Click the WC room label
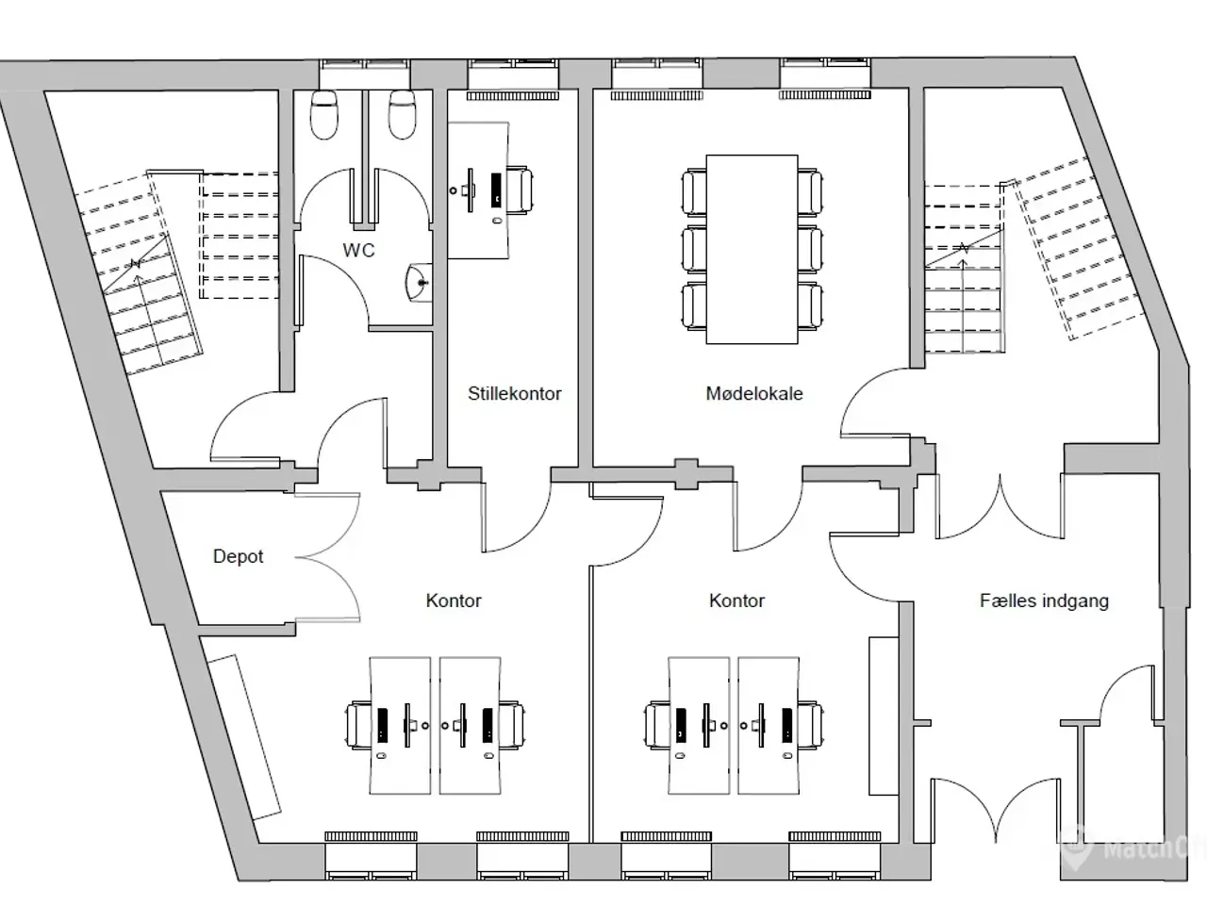[358, 251]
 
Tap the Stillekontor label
[515, 393]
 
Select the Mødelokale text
[753, 393]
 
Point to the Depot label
[239, 556]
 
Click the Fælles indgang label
[1044, 601]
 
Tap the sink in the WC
[419, 283]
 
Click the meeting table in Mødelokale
[752, 250]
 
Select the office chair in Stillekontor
[519, 189]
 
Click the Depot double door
[328, 557]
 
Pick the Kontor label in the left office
[454, 601]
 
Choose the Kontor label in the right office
[736, 601]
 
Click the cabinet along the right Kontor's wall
[884, 716]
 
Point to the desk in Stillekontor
[478, 190]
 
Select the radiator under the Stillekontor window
[512, 96]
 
